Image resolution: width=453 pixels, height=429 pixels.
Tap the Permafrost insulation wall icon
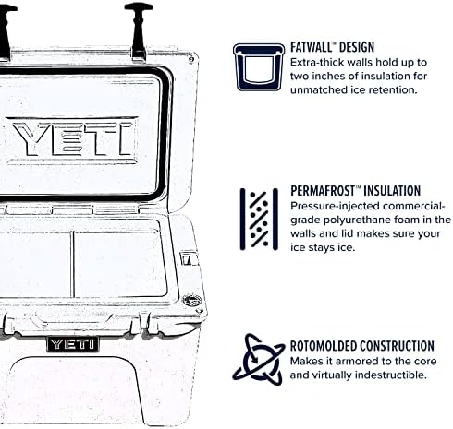[x=258, y=220]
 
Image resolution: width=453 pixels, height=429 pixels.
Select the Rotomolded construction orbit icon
[x=258, y=359]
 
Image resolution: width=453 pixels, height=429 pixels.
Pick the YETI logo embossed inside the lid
[x=71, y=137]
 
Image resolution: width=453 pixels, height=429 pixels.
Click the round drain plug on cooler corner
[x=192, y=299]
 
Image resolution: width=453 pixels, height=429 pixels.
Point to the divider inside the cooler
[x=72, y=262]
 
